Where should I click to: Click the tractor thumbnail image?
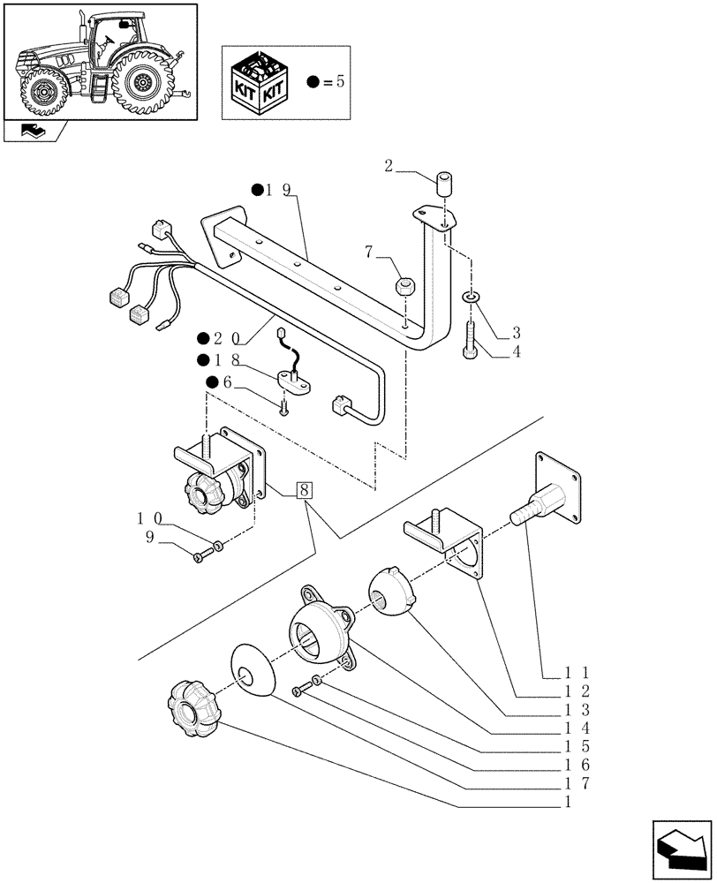tap(99, 61)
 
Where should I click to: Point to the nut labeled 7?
tap(404, 287)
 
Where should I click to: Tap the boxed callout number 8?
tap(305, 490)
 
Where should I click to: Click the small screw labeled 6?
tap(283, 406)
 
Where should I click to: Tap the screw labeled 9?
tap(201, 555)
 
